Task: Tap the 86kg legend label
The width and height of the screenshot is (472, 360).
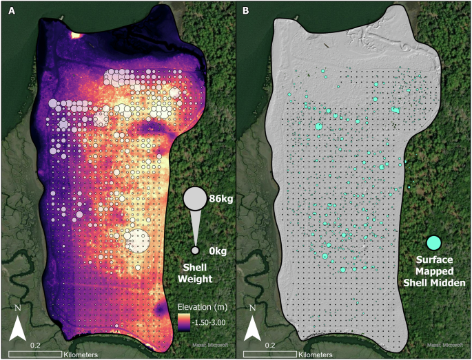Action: [219, 196]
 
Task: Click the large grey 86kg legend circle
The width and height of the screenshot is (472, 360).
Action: [196, 198]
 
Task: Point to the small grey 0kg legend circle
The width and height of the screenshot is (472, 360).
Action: [196, 250]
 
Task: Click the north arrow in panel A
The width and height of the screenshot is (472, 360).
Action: [18, 326]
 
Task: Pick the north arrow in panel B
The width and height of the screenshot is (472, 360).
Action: [254, 326]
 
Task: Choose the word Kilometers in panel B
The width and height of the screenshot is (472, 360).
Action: [317, 354]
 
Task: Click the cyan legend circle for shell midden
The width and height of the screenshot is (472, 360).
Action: [433, 242]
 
